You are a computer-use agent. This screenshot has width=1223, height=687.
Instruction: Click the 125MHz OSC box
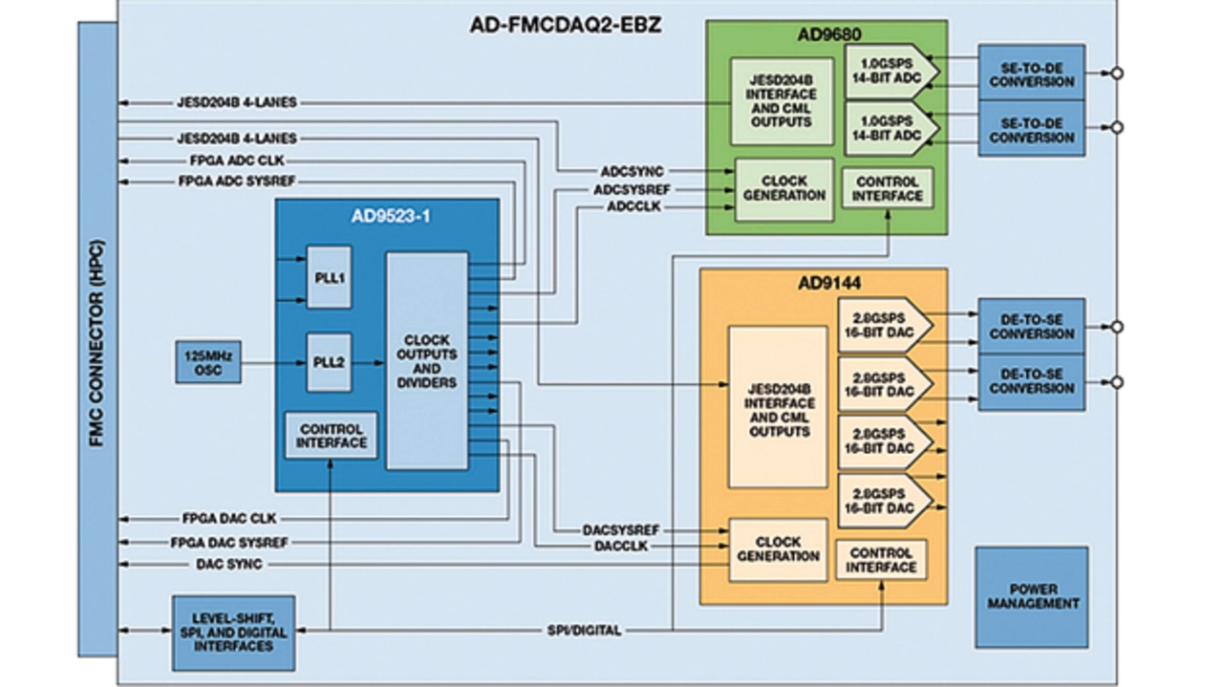[x=207, y=362]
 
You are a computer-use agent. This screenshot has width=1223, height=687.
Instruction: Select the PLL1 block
[x=329, y=277]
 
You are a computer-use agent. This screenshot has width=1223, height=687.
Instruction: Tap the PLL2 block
[x=329, y=362]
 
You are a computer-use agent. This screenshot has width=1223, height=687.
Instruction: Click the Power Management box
[x=1031, y=596]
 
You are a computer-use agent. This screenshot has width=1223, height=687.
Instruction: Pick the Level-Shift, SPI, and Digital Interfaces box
[x=233, y=633]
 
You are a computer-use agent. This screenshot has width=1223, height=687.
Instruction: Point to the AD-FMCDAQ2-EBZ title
[x=566, y=26]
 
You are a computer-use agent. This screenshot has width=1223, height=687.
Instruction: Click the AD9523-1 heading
[x=390, y=216]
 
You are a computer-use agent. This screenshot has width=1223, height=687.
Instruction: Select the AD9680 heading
[x=827, y=34]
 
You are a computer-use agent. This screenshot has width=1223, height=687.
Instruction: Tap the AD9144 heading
[x=825, y=284]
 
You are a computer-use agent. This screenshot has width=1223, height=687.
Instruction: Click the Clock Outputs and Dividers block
[x=426, y=361]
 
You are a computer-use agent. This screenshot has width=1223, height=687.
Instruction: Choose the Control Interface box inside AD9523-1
[x=332, y=436]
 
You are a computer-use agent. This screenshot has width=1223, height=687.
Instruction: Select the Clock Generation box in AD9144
[x=778, y=549]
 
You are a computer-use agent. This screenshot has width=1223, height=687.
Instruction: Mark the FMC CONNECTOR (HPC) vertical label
[x=97, y=339]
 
